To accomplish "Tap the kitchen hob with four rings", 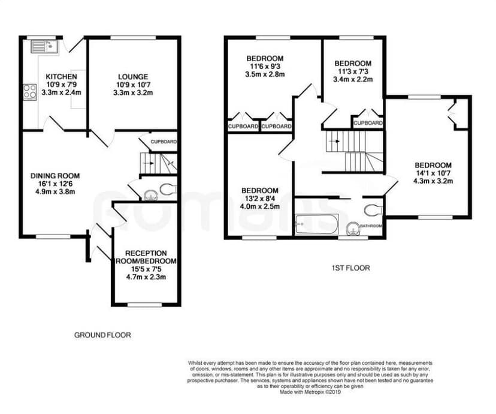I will [x=29, y=92].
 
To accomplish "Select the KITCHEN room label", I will [x=61, y=77].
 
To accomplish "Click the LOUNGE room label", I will [x=133, y=77].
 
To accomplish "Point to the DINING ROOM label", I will [x=55, y=176].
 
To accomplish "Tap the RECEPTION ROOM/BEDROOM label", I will [x=146, y=257].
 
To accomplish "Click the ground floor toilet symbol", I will [x=167, y=190].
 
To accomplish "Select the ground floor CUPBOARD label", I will [x=163, y=142].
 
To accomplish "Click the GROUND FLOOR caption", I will [x=102, y=335].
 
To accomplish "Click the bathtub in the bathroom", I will [x=316, y=224].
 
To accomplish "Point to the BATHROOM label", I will [x=370, y=226].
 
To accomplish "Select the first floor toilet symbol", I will [x=373, y=210].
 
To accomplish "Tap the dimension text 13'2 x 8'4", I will [x=260, y=199].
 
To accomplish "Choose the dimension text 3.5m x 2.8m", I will [x=265, y=75].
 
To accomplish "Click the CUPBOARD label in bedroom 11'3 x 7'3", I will [x=368, y=123].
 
